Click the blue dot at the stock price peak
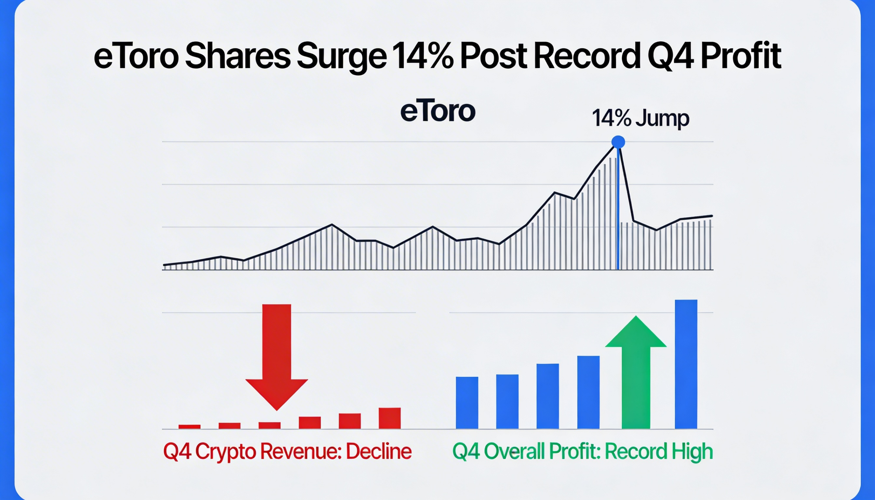click(618, 142)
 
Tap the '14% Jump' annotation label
click(641, 118)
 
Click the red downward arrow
click(277, 354)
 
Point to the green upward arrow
click(636, 371)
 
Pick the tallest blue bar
click(686, 364)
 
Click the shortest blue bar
click(467, 403)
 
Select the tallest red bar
click(389, 418)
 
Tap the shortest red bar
click(189, 427)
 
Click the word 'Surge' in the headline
click(342, 57)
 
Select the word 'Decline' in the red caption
click(378, 451)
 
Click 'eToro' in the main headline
click(136, 57)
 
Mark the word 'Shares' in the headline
click(238, 57)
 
